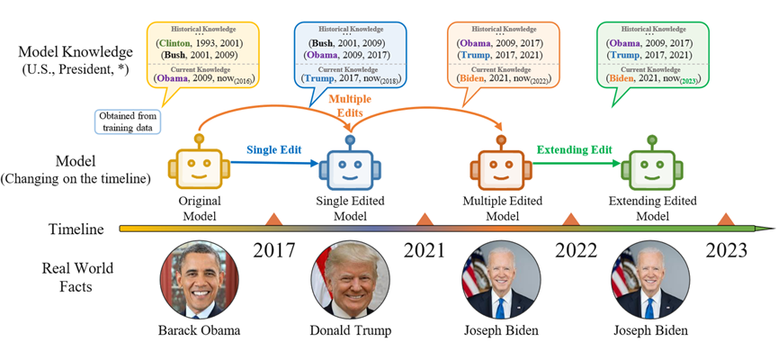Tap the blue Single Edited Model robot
pyautogui.click(x=351, y=166)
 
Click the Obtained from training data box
pyautogui.click(x=128, y=121)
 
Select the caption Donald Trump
pyautogui.click(x=351, y=331)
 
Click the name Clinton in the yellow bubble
pyautogui.click(x=175, y=42)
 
